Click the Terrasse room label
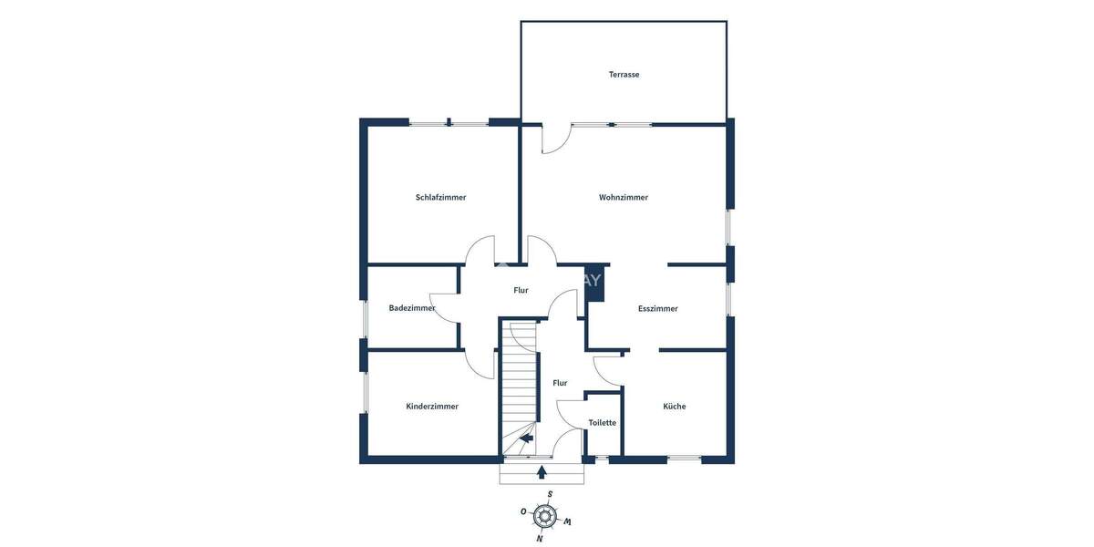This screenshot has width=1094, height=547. click(x=624, y=74)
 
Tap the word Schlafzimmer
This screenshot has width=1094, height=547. click(x=440, y=197)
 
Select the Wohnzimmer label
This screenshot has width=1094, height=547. click(x=624, y=197)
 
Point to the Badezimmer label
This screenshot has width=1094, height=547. click(x=412, y=308)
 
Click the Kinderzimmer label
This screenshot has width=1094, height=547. click(x=432, y=406)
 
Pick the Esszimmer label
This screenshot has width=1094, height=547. click(x=657, y=308)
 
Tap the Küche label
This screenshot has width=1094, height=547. click(x=675, y=406)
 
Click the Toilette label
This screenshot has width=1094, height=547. click(x=602, y=422)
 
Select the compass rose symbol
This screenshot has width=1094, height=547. click(x=544, y=516)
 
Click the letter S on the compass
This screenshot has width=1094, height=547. click(x=550, y=494)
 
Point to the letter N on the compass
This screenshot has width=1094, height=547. click(x=540, y=539)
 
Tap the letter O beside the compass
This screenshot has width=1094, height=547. click(x=523, y=511)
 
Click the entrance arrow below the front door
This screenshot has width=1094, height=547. click(x=542, y=471)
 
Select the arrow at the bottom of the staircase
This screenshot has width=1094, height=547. click(x=526, y=440)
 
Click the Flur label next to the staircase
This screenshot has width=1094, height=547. click(x=560, y=383)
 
